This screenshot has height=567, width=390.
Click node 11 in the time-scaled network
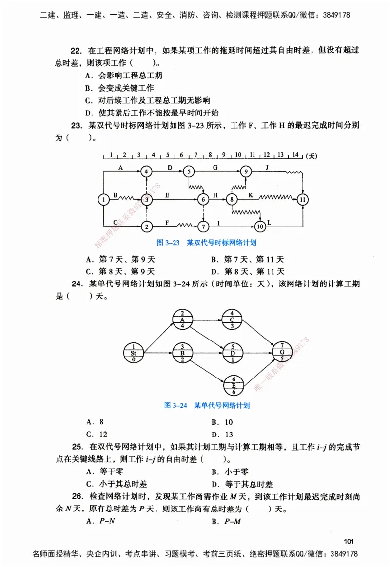pyautogui.click(x=303, y=199)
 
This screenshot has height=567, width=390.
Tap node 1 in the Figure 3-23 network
pyautogui.click(x=103, y=199)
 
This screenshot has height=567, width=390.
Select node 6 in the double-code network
pyautogui.click(x=203, y=199)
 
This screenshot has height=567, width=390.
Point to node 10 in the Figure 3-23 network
pyautogui.click(x=260, y=226)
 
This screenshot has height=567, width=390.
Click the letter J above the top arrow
pyautogui.click(x=267, y=167)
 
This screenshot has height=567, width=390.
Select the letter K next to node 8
pyautogui.click(x=251, y=195)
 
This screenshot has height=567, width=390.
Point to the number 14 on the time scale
pyautogui.click(x=295, y=155)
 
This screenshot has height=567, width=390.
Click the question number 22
pyautogui.click(x=76, y=50)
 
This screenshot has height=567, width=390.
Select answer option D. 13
pyautogui.click(x=222, y=435)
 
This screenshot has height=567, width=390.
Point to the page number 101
pyautogui.click(x=348, y=541)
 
